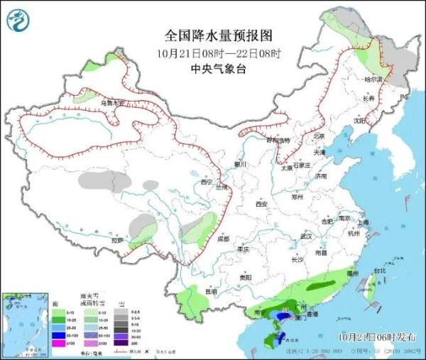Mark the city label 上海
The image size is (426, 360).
pos(364,222)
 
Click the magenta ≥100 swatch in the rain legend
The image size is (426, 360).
pos(55,343)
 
